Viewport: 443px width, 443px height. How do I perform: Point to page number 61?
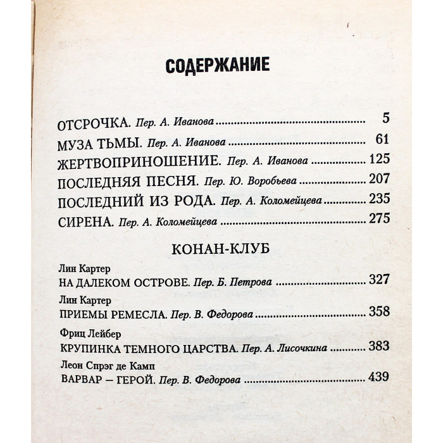point(380,140)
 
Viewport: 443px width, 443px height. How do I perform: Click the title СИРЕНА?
point(85,223)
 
